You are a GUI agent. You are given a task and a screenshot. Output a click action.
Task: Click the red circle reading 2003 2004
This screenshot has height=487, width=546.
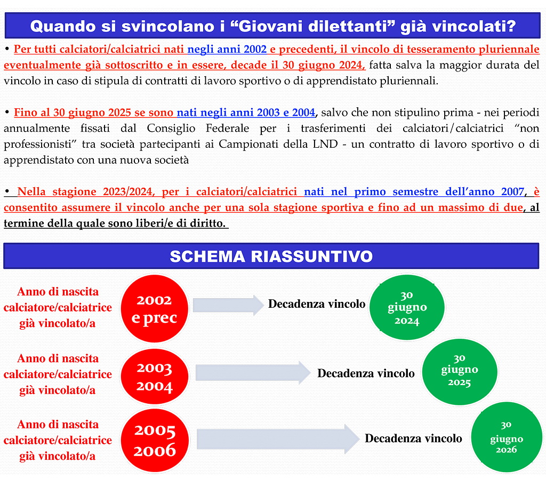click(155, 377)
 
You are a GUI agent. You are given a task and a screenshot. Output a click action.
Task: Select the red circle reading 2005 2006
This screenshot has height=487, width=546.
click(155, 441)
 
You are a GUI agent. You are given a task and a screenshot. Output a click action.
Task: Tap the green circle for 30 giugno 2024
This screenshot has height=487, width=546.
click(407, 307)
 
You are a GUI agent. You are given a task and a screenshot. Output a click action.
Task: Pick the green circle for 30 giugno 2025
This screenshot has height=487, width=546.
click(459, 369)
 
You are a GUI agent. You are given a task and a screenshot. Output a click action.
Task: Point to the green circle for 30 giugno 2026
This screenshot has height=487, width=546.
click(506, 437)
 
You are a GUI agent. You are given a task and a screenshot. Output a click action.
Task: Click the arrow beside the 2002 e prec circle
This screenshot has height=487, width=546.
click(228, 305)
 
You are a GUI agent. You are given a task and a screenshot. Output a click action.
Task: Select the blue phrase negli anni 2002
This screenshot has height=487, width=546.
click(227, 50)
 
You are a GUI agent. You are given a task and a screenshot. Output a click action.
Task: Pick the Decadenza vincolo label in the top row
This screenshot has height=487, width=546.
click(316, 304)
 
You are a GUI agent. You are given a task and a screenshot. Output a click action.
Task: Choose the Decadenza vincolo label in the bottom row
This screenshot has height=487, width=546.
click(413, 438)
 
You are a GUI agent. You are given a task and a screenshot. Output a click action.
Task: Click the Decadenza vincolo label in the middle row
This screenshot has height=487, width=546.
click(366, 373)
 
